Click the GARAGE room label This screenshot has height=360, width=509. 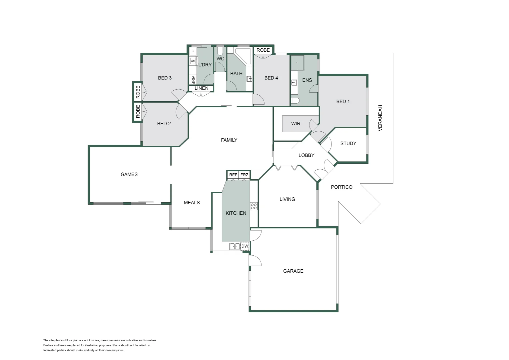pyautogui.click(x=293, y=271)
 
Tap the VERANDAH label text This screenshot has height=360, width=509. pyautogui.click(x=380, y=118)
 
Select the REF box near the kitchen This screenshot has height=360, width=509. pyautogui.click(x=233, y=175)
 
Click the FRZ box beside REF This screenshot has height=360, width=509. pyautogui.click(x=244, y=175)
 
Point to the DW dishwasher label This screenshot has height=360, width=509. pyautogui.click(x=245, y=246)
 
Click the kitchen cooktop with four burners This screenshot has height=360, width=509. pyautogui.click(x=254, y=206)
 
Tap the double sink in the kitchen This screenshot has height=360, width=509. pyautogui.click(x=235, y=246)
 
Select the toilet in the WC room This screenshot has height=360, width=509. pyautogui.click(x=220, y=51)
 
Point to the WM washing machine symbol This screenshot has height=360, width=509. pyautogui.click(x=193, y=61)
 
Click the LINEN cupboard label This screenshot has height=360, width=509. pyautogui.click(x=201, y=88)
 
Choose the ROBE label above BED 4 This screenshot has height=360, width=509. pyautogui.click(x=263, y=50)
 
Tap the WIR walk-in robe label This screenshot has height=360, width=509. pyautogui.click(x=295, y=124)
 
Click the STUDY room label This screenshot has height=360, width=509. pyautogui.click(x=348, y=143)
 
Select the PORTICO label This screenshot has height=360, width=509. pyautogui.click(x=341, y=187)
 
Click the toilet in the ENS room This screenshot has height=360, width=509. pyautogui.click(x=295, y=101)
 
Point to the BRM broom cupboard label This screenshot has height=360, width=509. pyautogui.click(x=194, y=80)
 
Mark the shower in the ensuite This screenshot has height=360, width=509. pyautogui.click(x=297, y=63)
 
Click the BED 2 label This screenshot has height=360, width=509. pyautogui.click(x=164, y=123)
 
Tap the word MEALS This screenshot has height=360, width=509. pyautogui.click(x=192, y=202)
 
